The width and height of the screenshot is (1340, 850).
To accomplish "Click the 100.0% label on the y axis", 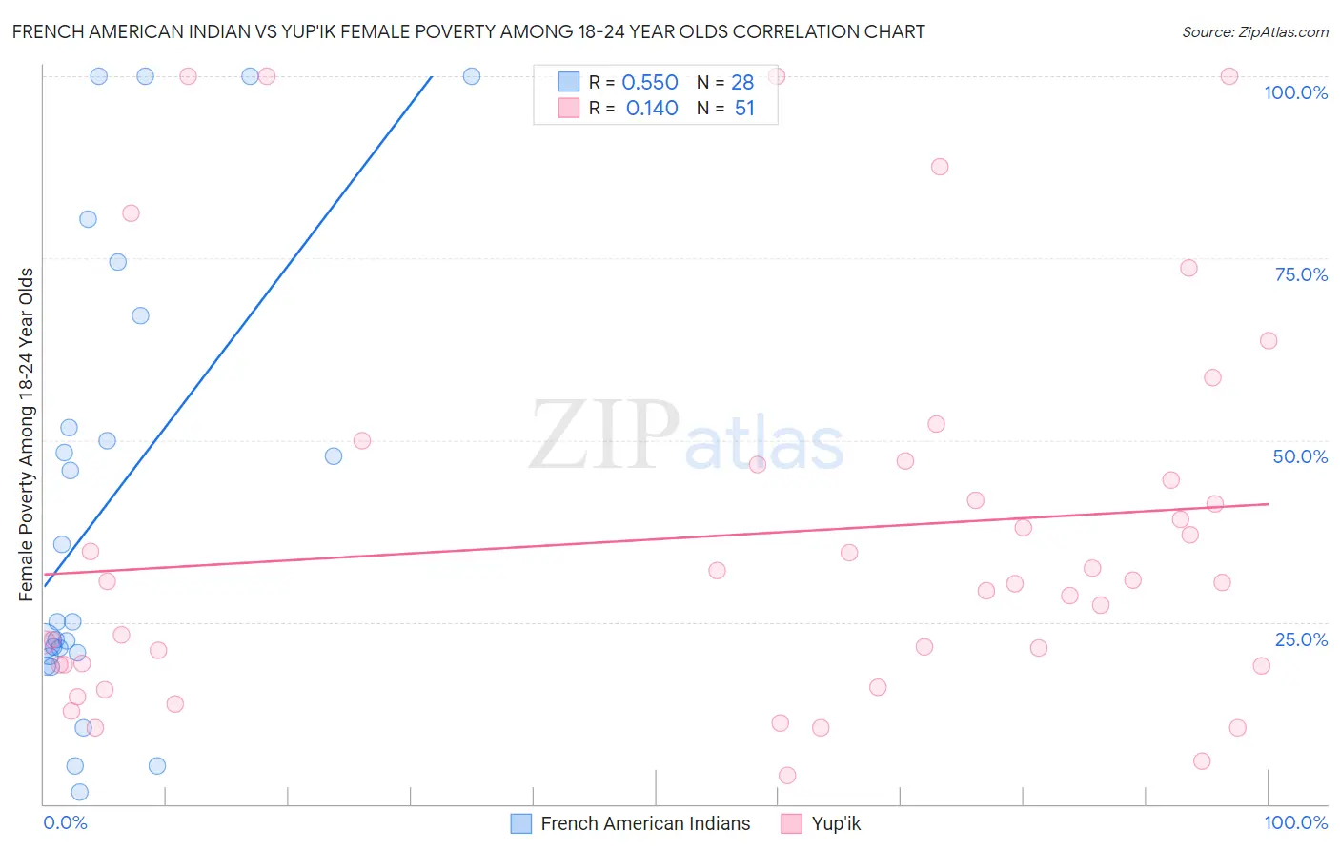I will pos(1295,92).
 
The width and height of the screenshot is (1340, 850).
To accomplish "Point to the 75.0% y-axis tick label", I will pos(1301,274).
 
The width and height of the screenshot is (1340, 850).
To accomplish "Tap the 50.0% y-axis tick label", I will pos(1300,456).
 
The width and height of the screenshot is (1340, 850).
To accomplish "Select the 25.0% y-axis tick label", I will pos(1301,639).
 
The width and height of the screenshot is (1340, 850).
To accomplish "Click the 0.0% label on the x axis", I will pos(65,822).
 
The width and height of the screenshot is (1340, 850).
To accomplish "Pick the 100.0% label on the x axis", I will pos(1295,822).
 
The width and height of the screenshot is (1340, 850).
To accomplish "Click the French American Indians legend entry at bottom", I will pos(645,823).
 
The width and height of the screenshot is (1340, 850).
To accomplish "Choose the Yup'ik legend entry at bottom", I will pos(836,823).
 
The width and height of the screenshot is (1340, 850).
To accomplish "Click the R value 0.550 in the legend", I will pos(650,83).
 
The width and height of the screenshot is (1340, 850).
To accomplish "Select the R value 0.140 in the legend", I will pos(652,109).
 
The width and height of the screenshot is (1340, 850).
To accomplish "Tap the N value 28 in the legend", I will pos(742,83).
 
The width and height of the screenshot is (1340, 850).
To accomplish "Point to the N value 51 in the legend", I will pos(744,109).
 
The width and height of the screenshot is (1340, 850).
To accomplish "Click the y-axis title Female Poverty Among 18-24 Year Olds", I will pos(27,435).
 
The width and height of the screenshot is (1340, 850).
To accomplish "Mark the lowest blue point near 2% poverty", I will pos(80,792).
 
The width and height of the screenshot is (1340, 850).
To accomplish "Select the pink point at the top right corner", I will pos(1229,76).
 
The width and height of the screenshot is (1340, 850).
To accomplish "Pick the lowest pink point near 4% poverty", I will pos(787,776).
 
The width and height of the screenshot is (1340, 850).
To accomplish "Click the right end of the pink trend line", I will pos(1268,503).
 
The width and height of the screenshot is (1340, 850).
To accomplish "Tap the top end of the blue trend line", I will pos(432,76).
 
